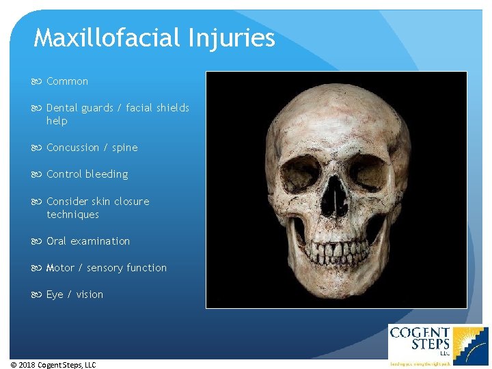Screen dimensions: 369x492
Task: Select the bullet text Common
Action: (x=67, y=81)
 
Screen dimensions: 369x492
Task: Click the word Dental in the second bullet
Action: (x=62, y=108)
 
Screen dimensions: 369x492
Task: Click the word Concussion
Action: (x=72, y=148)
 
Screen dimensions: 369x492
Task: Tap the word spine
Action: (x=124, y=148)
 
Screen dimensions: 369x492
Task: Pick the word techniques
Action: (x=72, y=215)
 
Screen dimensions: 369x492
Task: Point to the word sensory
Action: (x=103, y=268)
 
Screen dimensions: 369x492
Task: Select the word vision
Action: (x=90, y=295)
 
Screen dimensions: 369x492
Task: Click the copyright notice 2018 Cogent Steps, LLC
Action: (x=53, y=365)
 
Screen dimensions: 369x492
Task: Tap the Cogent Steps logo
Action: (x=437, y=344)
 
